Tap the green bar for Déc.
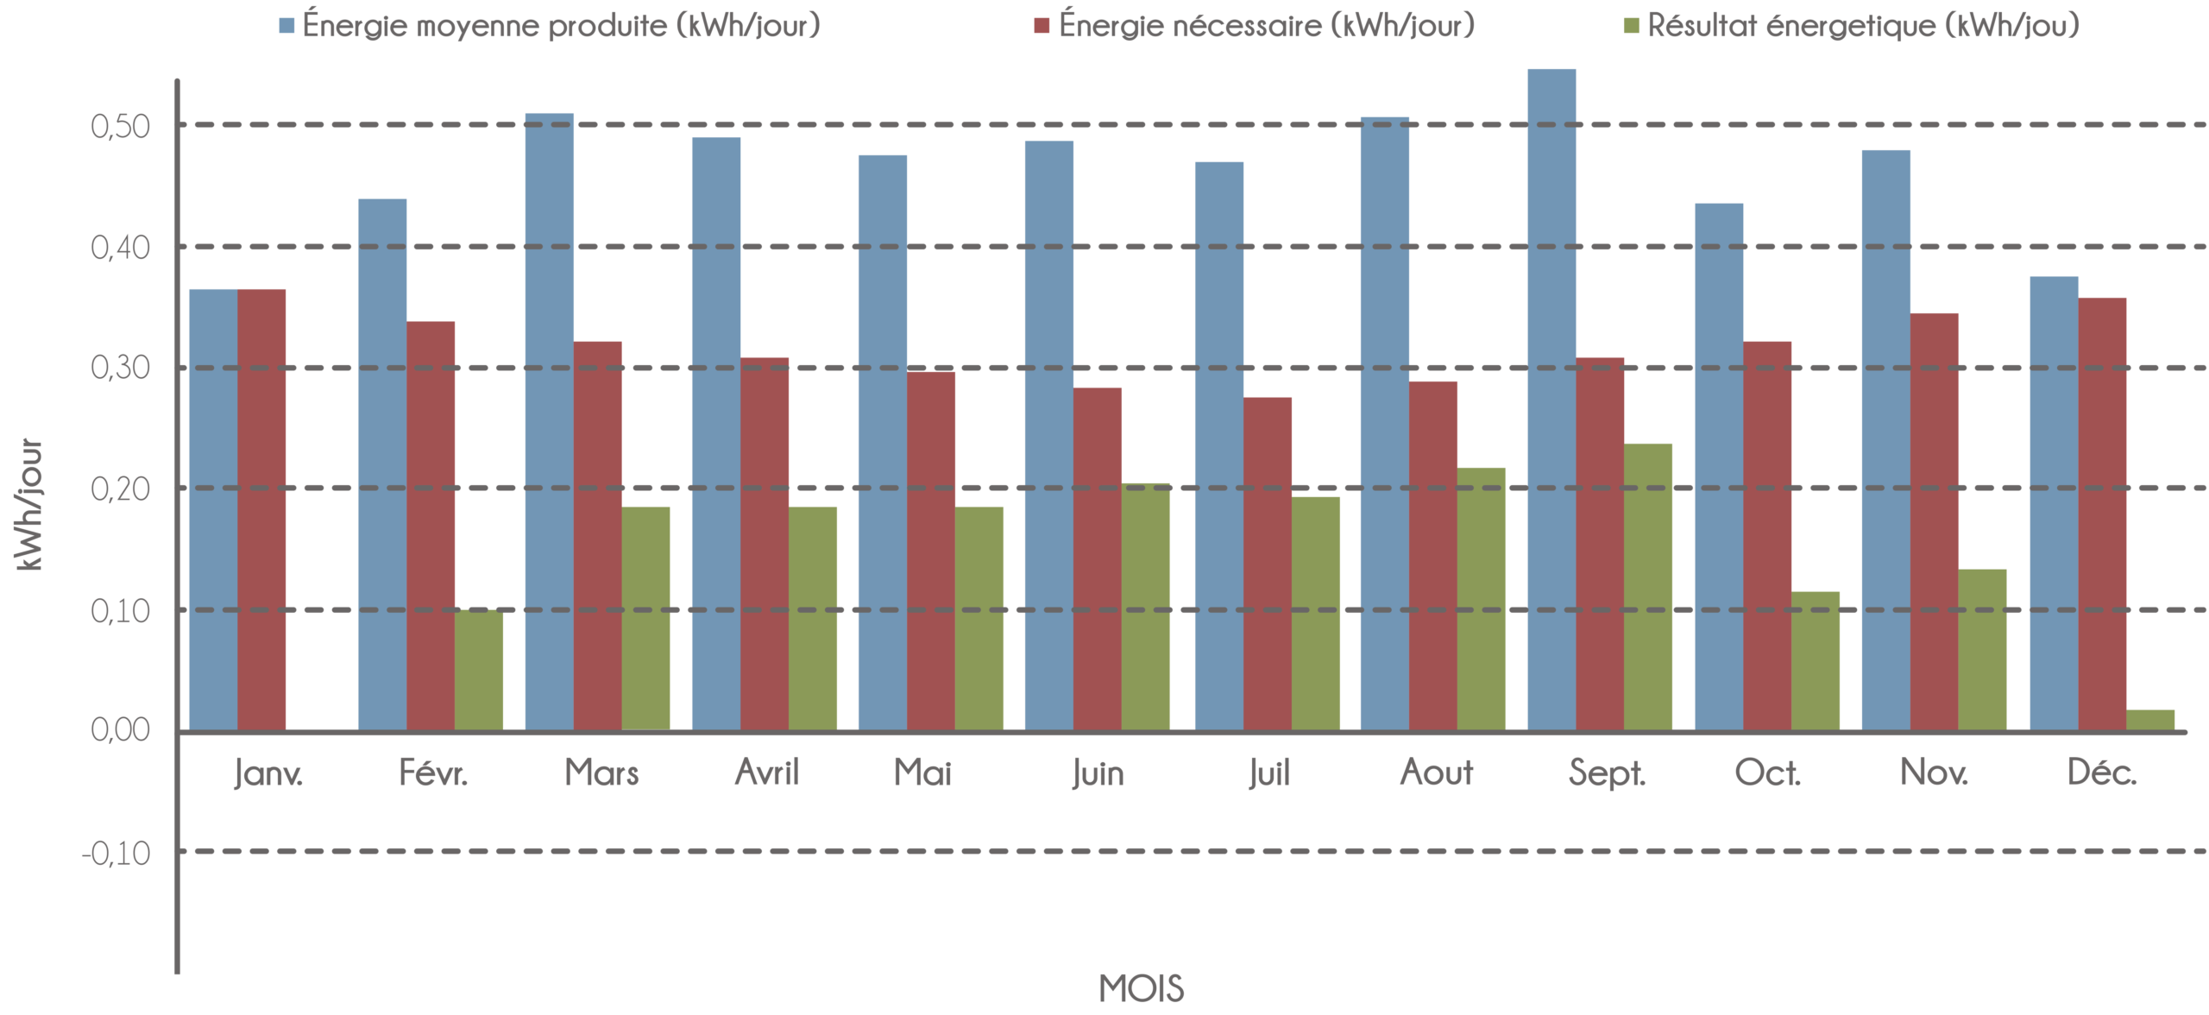[x=2150, y=720]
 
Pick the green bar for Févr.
[x=479, y=670]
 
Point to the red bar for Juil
[x=1268, y=564]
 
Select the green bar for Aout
[x=1482, y=599]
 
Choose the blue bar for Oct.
[x=1718, y=467]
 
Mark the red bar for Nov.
[x=1935, y=521]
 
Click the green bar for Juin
[x=1146, y=607]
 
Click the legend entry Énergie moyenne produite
[x=559, y=26]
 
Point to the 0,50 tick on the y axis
[x=120, y=127]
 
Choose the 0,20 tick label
[x=120, y=489]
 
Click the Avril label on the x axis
[x=766, y=773]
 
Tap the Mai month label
[x=922, y=773]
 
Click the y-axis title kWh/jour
[x=29, y=505]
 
